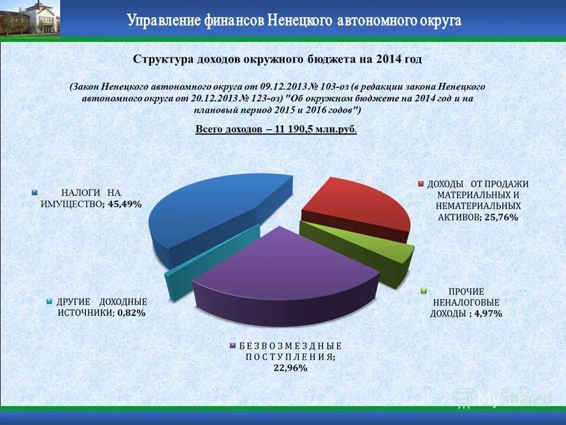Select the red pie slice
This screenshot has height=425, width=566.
[x=354, y=207]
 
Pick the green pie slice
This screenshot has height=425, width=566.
[x=360, y=248]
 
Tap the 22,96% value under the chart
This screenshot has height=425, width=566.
[x=289, y=368]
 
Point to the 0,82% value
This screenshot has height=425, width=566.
[x=131, y=313]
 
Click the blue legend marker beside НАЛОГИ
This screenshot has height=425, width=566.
[x=34, y=192]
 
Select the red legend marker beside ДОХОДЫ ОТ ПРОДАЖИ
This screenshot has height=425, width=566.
[x=421, y=184]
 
